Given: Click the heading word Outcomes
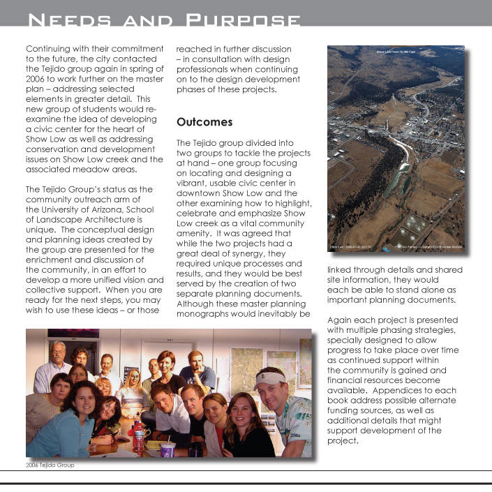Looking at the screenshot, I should point(204,122).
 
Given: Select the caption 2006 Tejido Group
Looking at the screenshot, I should point(50,464).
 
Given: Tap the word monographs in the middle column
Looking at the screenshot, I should point(209,313).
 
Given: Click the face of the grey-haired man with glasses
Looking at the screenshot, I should point(58,352).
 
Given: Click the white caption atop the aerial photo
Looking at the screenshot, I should point(395,52).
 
